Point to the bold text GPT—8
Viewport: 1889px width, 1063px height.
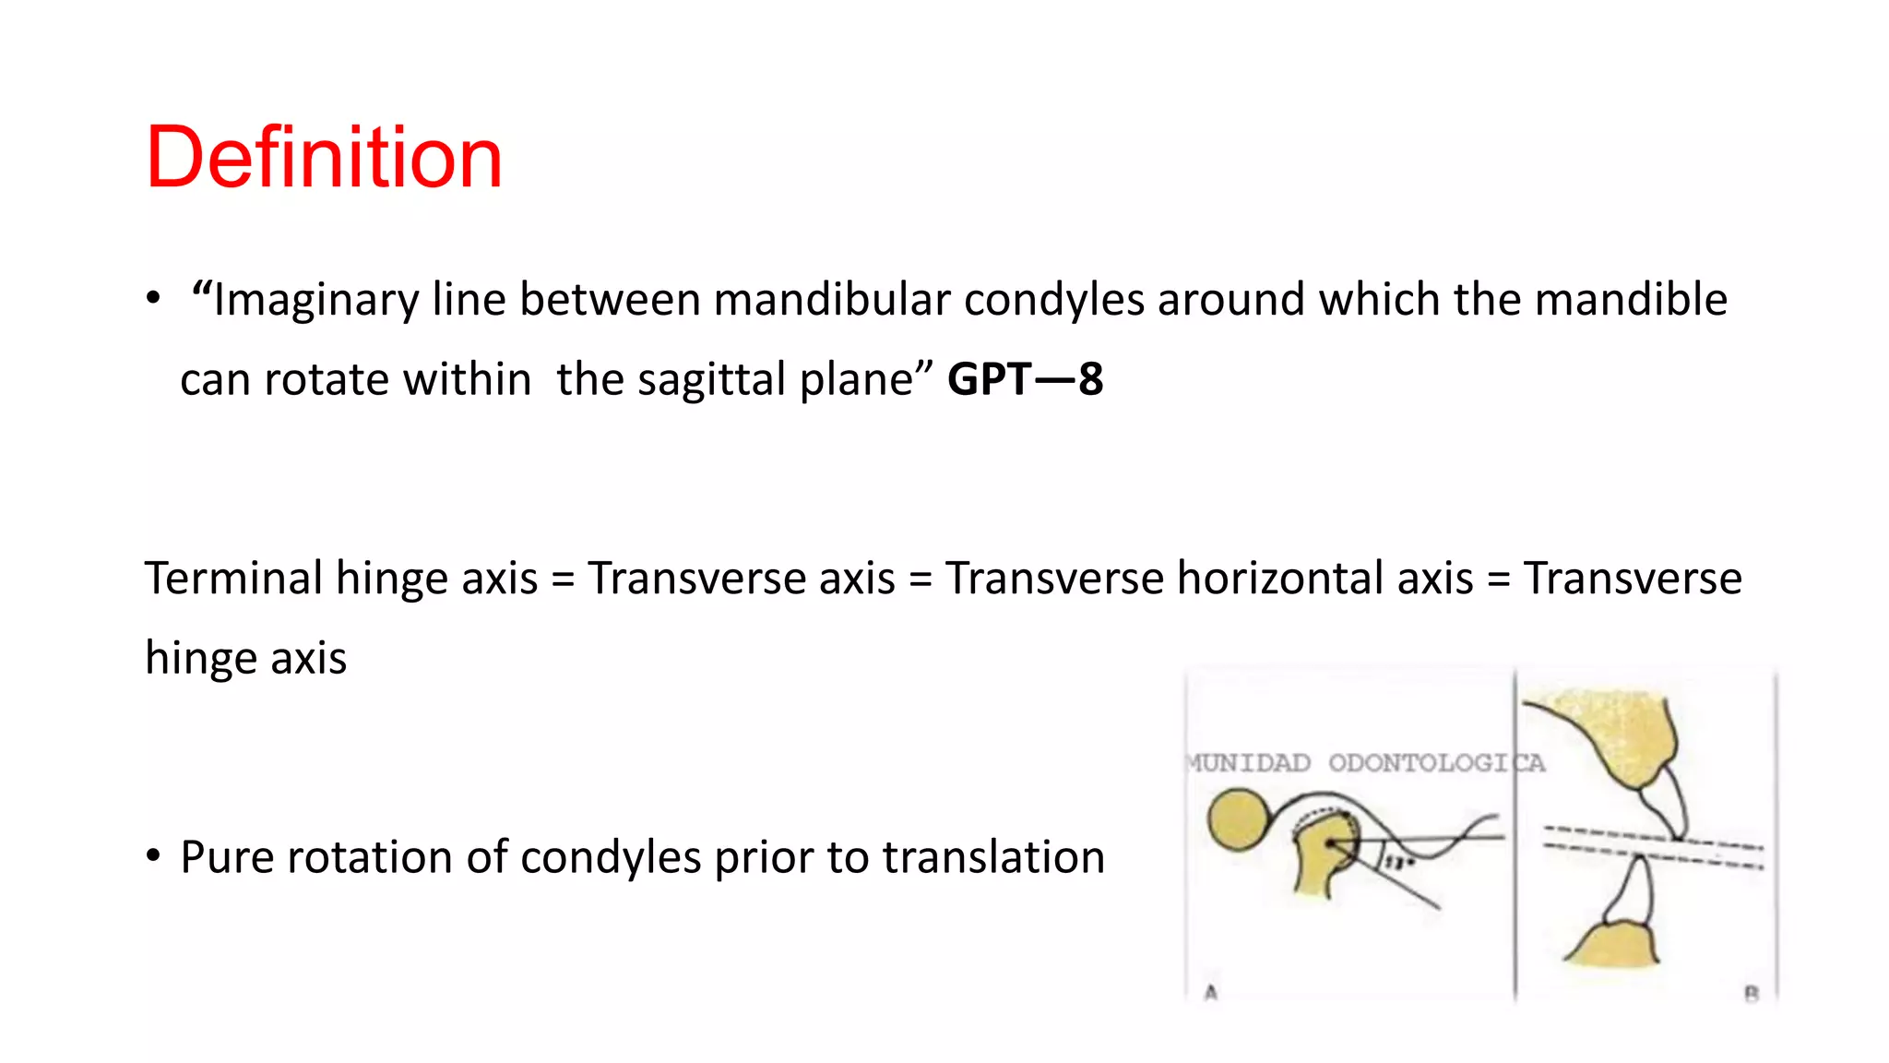click(x=1025, y=379)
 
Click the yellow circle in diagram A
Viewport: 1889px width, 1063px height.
click(x=1239, y=819)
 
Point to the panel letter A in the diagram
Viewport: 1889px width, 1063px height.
click(x=1211, y=993)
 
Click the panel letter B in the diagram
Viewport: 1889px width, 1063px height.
click(x=1751, y=994)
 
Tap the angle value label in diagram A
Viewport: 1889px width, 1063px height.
click(x=1396, y=863)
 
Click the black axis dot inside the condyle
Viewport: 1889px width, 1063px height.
click(x=1330, y=844)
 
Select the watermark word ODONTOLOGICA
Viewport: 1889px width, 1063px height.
click(x=1435, y=763)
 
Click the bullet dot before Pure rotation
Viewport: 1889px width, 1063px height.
click(x=153, y=855)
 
